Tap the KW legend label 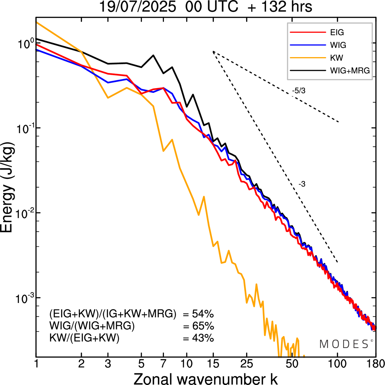(x=337, y=58)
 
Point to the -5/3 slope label (x=299, y=91)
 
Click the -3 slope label (x=302, y=184)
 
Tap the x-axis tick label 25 (x=246, y=364)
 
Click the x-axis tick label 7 (x=163, y=364)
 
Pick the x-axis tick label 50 (x=292, y=364)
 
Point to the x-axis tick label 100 (x=337, y=364)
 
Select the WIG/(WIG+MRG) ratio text (x=92, y=326)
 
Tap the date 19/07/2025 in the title (x=137, y=7)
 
